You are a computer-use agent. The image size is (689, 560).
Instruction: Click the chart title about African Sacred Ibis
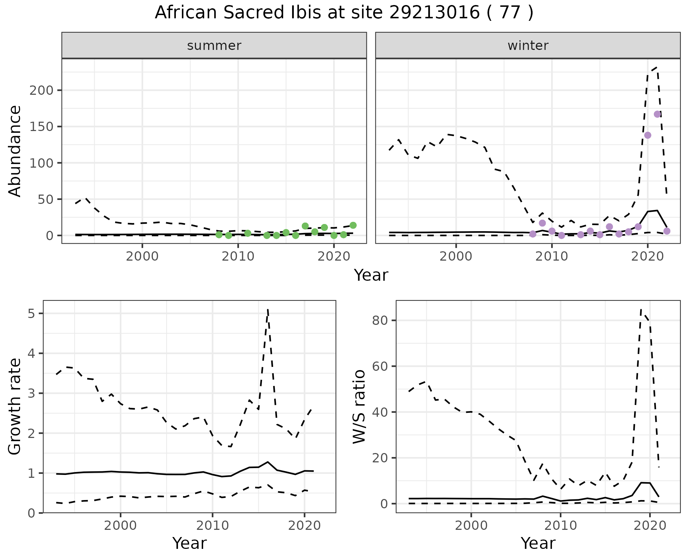344,13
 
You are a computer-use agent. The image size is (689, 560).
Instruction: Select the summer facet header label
214,46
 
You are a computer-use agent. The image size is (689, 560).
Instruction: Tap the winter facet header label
528,46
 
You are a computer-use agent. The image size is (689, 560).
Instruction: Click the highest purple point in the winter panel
657,114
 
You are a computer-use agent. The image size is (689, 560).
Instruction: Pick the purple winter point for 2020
648,135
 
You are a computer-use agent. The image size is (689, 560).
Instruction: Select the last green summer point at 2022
353,225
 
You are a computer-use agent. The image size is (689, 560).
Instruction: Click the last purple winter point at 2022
667,231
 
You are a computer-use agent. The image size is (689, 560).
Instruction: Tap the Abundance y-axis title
15,151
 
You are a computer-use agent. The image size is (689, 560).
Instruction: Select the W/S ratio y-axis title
359,406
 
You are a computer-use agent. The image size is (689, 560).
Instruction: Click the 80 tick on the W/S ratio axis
380,320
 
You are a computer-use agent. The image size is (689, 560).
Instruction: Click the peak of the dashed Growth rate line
268,309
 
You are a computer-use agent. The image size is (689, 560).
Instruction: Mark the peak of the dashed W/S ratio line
641,309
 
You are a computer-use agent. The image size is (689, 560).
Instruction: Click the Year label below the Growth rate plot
189,543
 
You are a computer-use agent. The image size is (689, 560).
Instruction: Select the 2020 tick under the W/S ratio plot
650,526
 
